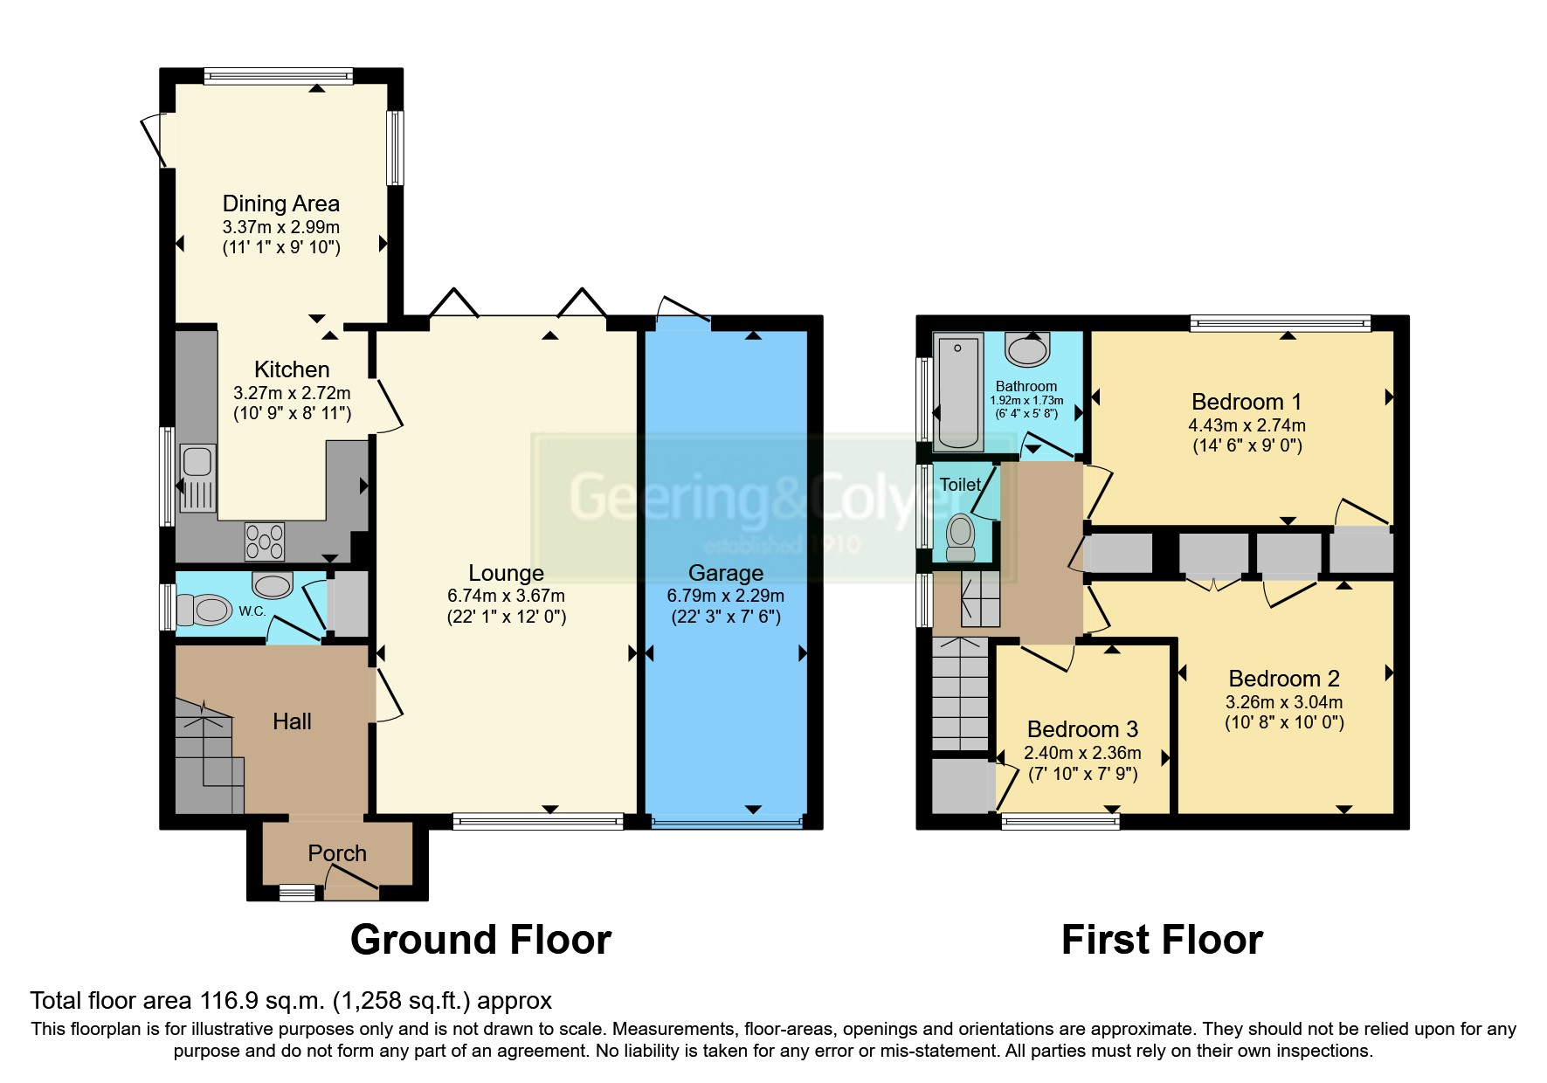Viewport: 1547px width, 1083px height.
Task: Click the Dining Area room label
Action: (x=280, y=203)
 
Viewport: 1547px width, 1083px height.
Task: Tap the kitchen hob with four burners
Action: (x=265, y=541)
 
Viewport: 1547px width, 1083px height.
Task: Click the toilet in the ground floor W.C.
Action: (x=204, y=609)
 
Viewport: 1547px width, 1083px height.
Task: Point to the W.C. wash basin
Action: (x=272, y=584)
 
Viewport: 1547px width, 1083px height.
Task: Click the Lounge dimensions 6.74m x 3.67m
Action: (x=506, y=596)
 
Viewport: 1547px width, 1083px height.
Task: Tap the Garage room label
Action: (x=725, y=573)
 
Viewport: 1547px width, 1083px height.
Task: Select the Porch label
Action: (x=336, y=852)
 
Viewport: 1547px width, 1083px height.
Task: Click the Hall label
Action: (x=292, y=721)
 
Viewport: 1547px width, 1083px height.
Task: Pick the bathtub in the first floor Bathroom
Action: (x=958, y=390)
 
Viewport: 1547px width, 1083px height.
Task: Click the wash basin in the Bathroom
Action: (x=1027, y=349)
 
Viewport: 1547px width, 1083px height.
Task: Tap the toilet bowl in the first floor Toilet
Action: (x=960, y=532)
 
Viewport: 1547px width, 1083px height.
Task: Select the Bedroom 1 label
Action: (x=1246, y=402)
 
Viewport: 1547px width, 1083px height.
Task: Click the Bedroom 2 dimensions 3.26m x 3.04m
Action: (x=1283, y=701)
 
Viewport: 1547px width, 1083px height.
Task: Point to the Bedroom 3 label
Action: (x=1081, y=729)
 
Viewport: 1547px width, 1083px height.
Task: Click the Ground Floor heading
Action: (x=480, y=940)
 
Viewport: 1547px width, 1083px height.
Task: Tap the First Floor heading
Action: (x=1161, y=940)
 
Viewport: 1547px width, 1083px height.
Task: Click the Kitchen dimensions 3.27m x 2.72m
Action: (x=292, y=393)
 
